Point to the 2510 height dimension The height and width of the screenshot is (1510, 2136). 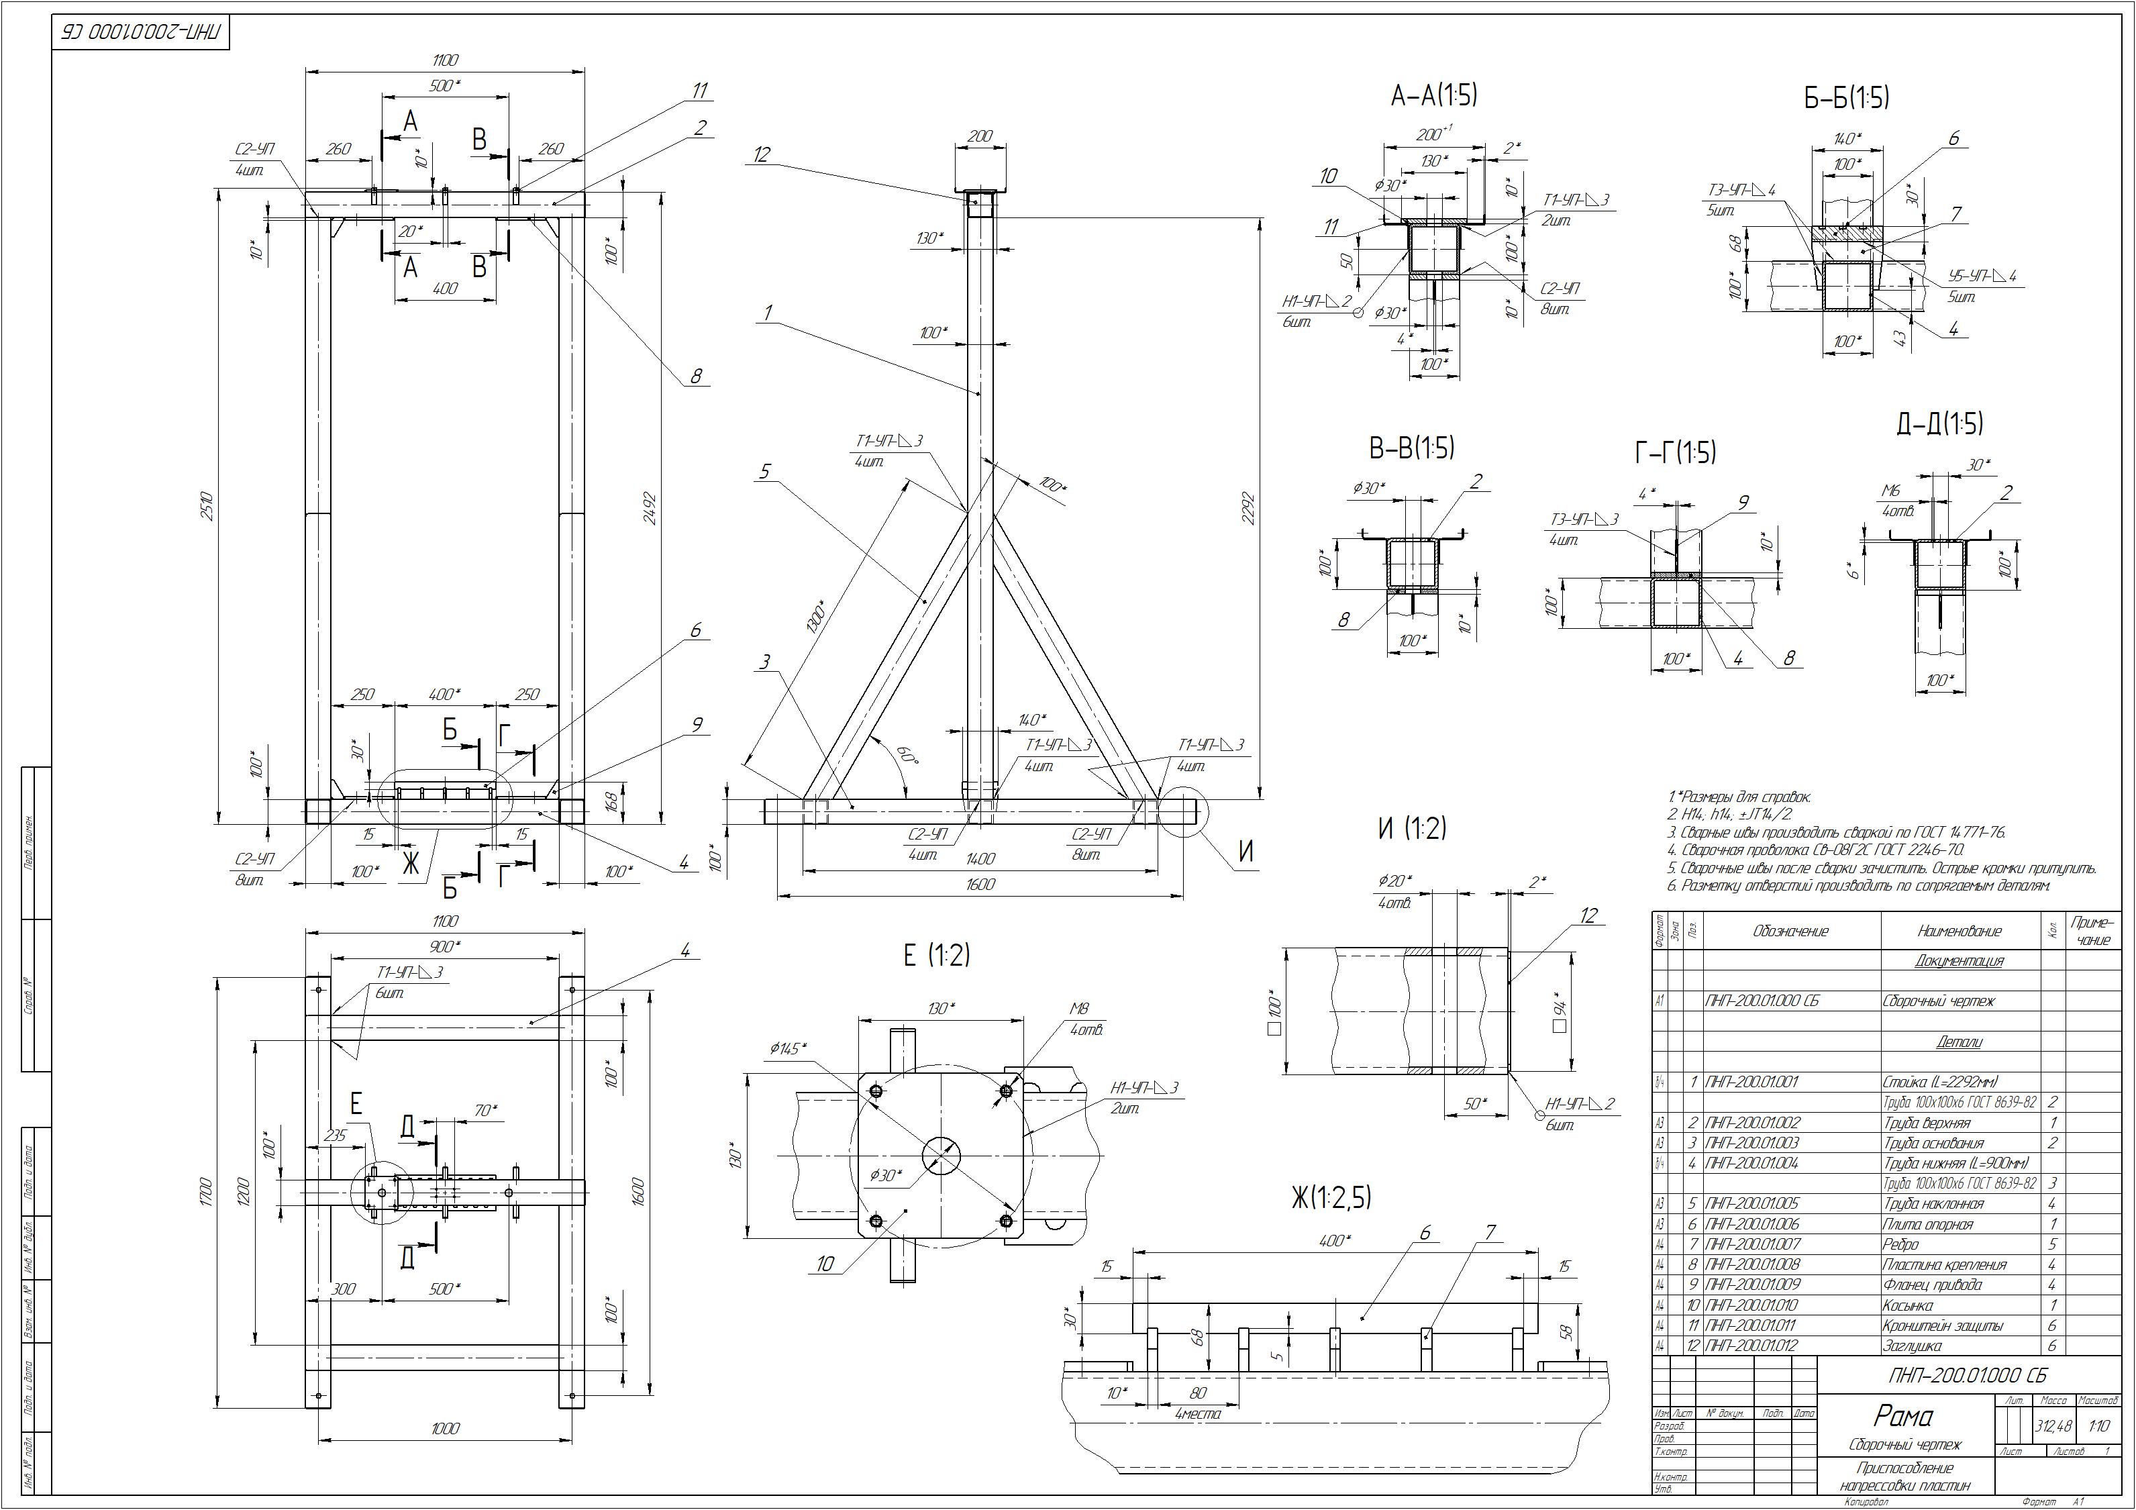207,507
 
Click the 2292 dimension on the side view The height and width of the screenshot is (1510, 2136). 1248,508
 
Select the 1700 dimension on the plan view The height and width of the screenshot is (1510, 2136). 207,1188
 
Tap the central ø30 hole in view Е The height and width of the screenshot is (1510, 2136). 942,1156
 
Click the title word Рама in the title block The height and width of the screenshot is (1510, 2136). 1902,1416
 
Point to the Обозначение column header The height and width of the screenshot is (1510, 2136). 1791,932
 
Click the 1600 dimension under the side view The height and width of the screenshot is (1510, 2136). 980,884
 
